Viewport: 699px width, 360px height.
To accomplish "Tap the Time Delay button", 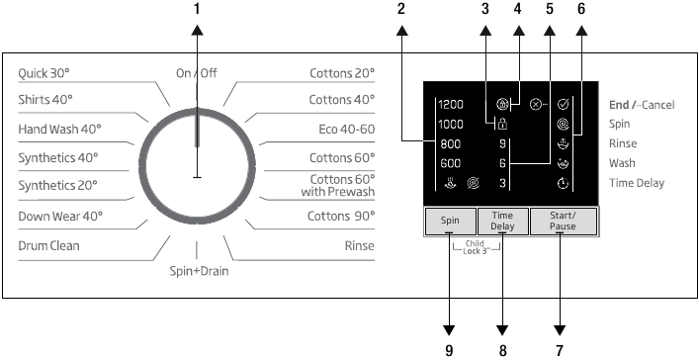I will click(503, 221).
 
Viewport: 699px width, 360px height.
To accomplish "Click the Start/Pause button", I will click(564, 221).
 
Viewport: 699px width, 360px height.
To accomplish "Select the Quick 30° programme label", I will click(44, 73).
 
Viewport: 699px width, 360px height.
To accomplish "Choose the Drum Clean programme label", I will click(49, 245).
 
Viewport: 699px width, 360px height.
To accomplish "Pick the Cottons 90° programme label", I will click(341, 217).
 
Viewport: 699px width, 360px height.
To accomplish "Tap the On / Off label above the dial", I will click(196, 73).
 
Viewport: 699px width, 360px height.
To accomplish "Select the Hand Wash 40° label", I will click(59, 130).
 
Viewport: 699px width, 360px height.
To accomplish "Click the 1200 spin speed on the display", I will click(451, 104).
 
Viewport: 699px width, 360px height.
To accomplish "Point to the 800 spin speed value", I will click(451, 143).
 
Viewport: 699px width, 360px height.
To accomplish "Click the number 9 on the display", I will click(503, 143).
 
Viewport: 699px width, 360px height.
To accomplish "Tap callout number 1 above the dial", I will click(196, 9).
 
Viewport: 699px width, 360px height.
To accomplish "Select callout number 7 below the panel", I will click(561, 349).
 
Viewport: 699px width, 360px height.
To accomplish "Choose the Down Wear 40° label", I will click(60, 217).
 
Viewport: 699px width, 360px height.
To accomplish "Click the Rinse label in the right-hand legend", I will click(623, 143).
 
